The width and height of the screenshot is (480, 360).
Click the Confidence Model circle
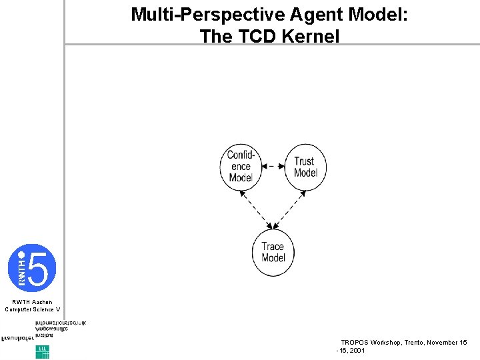click(241, 167)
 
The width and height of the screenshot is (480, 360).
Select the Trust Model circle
click(305, 167)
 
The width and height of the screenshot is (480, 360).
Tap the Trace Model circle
click(273, 252)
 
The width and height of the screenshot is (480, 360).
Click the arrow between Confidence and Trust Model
click(273, 166)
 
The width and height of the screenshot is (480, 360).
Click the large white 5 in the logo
click(39, 268)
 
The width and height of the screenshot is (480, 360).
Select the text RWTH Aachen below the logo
click(32, 302)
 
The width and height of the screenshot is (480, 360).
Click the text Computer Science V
click(32, 309)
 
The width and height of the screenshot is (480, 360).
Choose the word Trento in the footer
click(411, 342)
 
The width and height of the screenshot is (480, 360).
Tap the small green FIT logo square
click(42, 351)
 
